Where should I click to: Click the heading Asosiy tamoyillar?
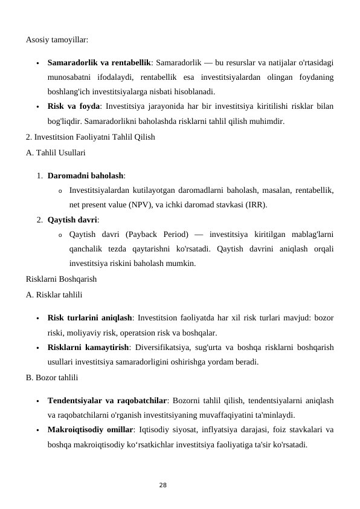click(57, 40)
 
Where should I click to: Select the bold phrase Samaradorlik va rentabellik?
click(99, 62)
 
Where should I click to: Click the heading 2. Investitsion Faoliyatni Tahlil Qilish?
click(91, 137)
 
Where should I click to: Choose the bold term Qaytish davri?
click(72, 219)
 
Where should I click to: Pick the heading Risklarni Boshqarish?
click(62, 279)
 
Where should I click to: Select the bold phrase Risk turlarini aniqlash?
click(90, 317)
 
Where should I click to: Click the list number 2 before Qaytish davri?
click(39, 219)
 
